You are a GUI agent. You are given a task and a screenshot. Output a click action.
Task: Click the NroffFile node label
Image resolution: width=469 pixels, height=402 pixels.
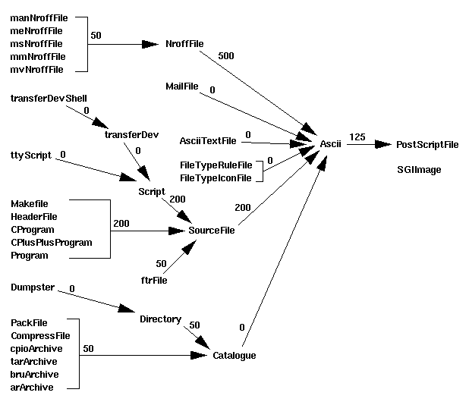[185, 44]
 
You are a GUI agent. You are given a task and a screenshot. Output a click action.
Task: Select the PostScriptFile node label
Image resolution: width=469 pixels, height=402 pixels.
[427, 144]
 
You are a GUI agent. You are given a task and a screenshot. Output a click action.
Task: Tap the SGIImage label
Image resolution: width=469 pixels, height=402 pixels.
[419, 170]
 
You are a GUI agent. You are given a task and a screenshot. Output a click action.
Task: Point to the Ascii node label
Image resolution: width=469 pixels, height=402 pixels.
[330, 144]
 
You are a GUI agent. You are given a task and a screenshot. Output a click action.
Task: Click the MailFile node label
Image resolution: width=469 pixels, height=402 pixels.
[181, 86]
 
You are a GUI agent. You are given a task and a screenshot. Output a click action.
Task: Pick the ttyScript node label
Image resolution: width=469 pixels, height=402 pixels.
[31, 155]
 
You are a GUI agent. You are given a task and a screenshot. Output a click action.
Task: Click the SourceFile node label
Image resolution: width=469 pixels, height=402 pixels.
[212, 230]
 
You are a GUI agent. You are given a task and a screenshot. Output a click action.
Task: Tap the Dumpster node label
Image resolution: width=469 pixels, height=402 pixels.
[32, 288]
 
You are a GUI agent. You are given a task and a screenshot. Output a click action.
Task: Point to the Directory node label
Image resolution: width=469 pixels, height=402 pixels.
[160, 319]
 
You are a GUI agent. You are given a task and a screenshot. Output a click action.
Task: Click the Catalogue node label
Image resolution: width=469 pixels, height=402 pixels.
[234, 355]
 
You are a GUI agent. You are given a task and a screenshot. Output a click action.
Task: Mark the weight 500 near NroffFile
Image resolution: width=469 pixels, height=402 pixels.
[226, 56]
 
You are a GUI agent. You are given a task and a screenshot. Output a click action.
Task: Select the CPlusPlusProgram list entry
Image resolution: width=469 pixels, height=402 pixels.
[52, 243]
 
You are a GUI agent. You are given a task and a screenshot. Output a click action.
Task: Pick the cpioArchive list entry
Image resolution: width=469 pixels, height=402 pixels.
[36, 348]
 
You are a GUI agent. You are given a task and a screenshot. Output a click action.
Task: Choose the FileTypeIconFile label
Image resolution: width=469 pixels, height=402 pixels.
[216, 177]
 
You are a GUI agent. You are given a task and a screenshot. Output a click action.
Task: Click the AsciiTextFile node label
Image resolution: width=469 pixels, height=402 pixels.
[208, 140]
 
